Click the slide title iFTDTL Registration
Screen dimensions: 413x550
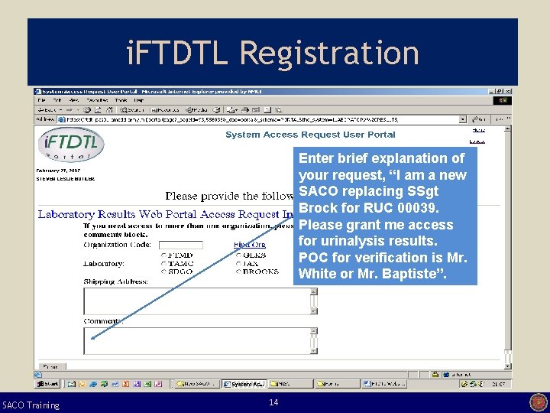[x=273, y=54]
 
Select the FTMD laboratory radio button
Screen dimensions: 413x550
[x=163, y=255]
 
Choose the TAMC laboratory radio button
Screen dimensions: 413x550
[x=163, y=263]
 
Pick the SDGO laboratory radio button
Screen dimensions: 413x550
[x=163, y=272]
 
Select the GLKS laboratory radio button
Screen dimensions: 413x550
[x=238, y=255]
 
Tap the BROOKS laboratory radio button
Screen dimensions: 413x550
[x=238, y=272]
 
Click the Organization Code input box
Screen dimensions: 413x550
[x=180, y=245]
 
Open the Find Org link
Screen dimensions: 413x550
[x=249, y=245]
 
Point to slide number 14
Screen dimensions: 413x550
[x=273, y=402]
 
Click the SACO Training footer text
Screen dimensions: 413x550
[x=31, y=405]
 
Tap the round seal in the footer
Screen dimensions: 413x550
[x=538, y=402]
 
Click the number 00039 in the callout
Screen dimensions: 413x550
[x=418, y=208]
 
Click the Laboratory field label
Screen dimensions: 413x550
[x=103, y=263]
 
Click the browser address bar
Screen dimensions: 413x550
[x=260, y=119]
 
